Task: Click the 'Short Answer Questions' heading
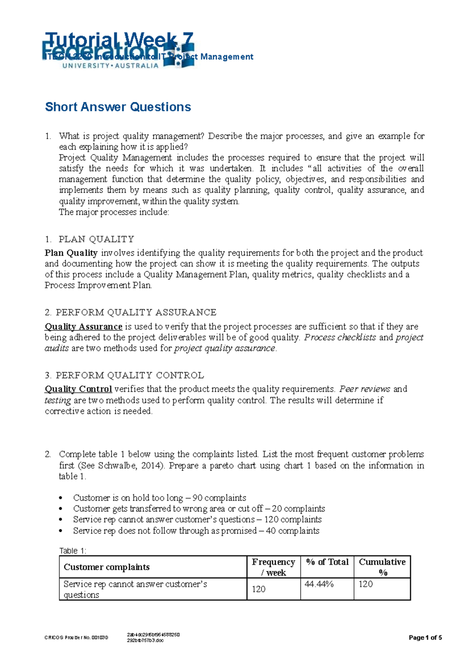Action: pyautogui.click(x=118, y=107)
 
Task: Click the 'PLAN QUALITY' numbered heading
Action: pyautogui.click(x=96, y=239)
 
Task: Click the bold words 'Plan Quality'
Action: pyautogui.click(x=71, y=253)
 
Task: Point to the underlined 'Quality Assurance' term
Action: pyautogui.click(x=84, y=326)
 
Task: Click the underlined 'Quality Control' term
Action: pyautogui.click(x=79, y=389)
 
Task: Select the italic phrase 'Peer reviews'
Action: pyautogui.click(x=365, y=389)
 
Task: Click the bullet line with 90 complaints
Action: pyautogui.click(x=159, y=498)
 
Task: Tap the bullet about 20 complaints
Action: pyautogui.click(x=199, y=509)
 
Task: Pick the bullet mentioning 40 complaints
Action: pyautogui.click(x=196, y=531)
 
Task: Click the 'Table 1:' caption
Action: pyautogui.click(x=72, y=551)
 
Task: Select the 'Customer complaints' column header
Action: pyautogui.click(x=107, y=567)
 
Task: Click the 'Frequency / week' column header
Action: pyautogui.click(x=273, y=567)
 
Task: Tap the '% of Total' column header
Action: pyautogui.click(x=327, y=562)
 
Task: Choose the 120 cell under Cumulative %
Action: pyautogui.click(x=366, y=584)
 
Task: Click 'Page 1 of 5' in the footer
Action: pyautogui.click(x=425, y=638)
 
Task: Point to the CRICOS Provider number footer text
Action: pyautogui.click(x=76, y=638)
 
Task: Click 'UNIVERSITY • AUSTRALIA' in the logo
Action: pyautogui.click(x=110, y=66)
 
